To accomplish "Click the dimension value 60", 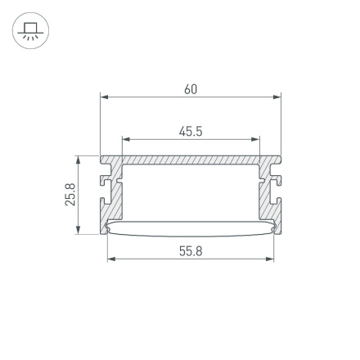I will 191,89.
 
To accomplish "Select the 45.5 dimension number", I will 191,131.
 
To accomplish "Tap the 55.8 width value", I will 191,250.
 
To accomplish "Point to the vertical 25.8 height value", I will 70,194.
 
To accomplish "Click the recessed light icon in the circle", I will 31,31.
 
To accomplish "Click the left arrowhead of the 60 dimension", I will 104,97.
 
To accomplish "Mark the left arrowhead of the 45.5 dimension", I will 125,139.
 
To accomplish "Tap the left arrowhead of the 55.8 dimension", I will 111,259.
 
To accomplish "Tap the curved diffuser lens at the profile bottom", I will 191,231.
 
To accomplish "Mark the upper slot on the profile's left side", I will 104,176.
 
